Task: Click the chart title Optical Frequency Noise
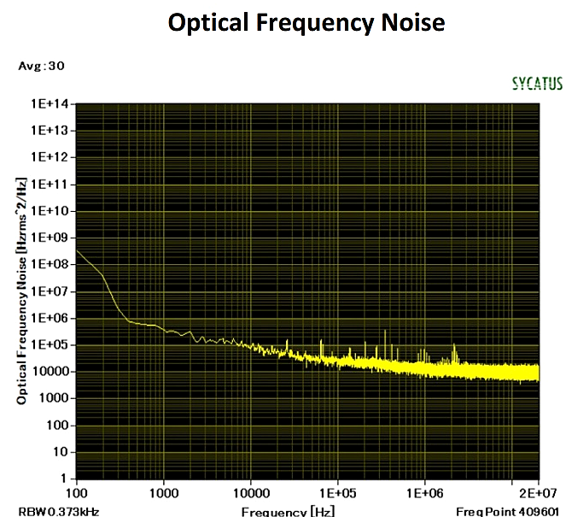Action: [306, 22]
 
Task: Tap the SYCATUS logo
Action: [536, 84]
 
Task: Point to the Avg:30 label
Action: [41, 65]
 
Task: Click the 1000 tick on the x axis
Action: [163, 493]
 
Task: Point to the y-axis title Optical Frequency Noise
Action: [21, 291]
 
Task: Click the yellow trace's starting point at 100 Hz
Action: [78, 250]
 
